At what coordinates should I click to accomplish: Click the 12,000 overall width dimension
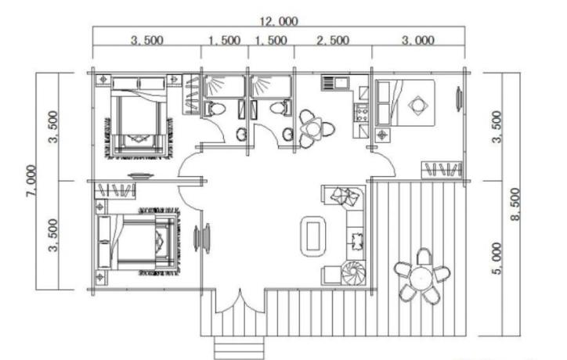tap(279, 21)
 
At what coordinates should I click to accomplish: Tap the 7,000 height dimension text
tap(31, 181)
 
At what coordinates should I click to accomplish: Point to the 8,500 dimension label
tap(515, 204)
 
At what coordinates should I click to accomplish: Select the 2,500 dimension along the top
tap(333, 40)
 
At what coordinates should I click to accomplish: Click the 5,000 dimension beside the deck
tap(497, 258)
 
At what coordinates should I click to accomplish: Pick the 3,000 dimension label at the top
tap(418, 40)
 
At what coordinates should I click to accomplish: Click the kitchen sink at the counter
tap(335, 82)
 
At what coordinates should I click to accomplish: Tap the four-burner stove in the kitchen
tap(361, 113)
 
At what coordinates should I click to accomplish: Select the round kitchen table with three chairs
tap(314, 129)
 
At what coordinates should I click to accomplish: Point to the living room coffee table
tap(313, 236)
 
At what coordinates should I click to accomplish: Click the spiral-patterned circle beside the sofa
tap(353, 273)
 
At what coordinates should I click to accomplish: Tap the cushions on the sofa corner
tap(345, 196)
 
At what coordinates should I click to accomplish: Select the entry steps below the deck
tap(239, 347)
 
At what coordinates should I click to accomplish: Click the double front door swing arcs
tap(240, 303)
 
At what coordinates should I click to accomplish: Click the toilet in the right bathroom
tap(280, 108)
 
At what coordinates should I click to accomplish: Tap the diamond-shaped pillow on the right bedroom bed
tap(418, 105)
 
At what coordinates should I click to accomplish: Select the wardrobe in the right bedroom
tap(442, 170)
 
